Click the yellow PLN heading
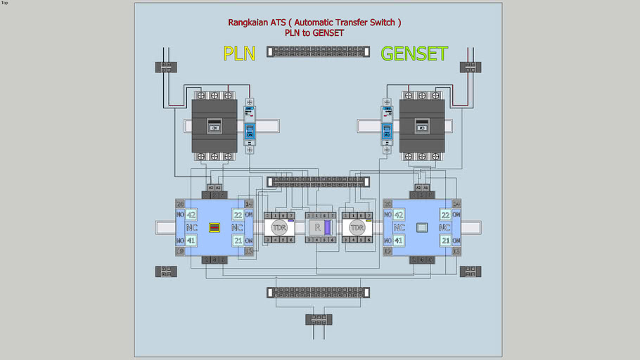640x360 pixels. [239, 53]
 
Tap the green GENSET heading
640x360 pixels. [414, 53]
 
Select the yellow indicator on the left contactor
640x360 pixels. [215, 227]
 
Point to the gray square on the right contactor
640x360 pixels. [422, 227]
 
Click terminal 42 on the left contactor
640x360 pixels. [191, 214]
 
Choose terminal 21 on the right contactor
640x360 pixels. [445, 240]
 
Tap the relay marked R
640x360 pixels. [318, 227]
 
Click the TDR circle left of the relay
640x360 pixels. [279, 227]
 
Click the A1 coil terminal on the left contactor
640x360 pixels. [218, 188]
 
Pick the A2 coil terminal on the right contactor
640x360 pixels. [418, 188]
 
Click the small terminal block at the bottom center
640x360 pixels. [319, 319]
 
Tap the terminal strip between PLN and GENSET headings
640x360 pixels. [318, 51]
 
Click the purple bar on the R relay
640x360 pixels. [327, 227]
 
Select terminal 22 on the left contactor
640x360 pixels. [238, 214]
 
